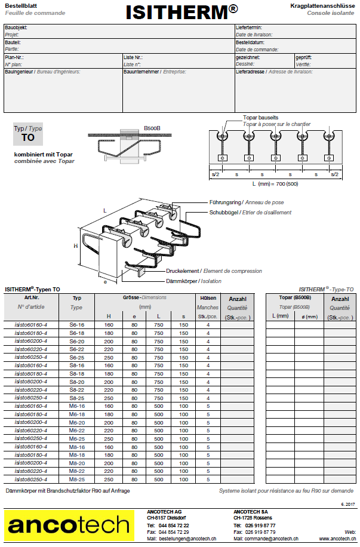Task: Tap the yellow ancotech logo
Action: coord(69,526)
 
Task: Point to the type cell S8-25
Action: coord(77,398)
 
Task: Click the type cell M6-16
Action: coord(77,406)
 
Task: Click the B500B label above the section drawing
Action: coord(152,128)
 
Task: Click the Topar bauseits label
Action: coord(261,118)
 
